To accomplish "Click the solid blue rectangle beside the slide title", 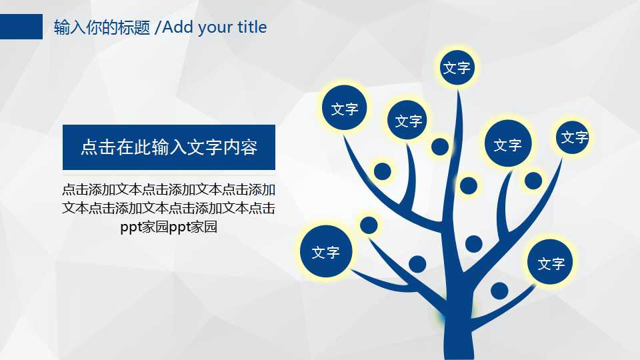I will (21, 27).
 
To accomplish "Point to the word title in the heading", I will (252, 27).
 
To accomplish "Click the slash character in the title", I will (157, 27).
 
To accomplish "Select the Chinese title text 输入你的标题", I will (101, 27).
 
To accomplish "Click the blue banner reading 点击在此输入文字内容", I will (169, 147).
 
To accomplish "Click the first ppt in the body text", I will (131, 227).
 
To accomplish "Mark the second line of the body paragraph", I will (169, 208).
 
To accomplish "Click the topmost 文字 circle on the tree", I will (457, 67).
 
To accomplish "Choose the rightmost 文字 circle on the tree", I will (573, 137).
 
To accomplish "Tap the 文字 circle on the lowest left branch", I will (326, 252).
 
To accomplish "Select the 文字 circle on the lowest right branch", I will (551, 263).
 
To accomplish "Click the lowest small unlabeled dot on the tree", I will (499, 291).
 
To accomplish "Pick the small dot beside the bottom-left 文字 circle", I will (369, 225).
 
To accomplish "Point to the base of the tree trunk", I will (457, 347).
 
